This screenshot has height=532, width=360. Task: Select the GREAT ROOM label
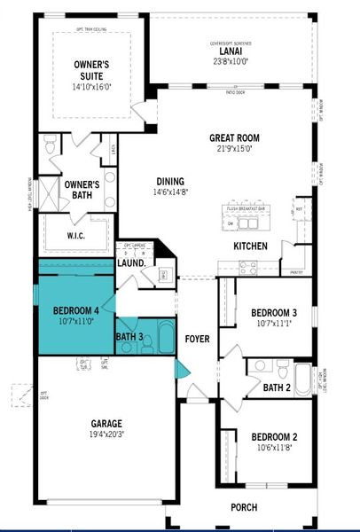pos(234,137)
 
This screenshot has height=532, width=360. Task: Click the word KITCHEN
pos(251,246)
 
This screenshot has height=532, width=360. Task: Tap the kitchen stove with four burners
pos(247,265)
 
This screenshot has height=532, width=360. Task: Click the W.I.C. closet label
pos(74,236)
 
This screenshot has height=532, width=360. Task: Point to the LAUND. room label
pos(131,263)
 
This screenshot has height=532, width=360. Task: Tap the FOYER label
pos(197,339)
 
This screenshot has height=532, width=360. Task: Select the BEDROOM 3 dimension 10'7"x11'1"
pos(273,325)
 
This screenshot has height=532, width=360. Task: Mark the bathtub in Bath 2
pos(303,379)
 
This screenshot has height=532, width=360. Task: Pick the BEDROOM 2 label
pos(273,436)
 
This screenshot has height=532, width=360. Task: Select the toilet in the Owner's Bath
pos(50,145)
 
